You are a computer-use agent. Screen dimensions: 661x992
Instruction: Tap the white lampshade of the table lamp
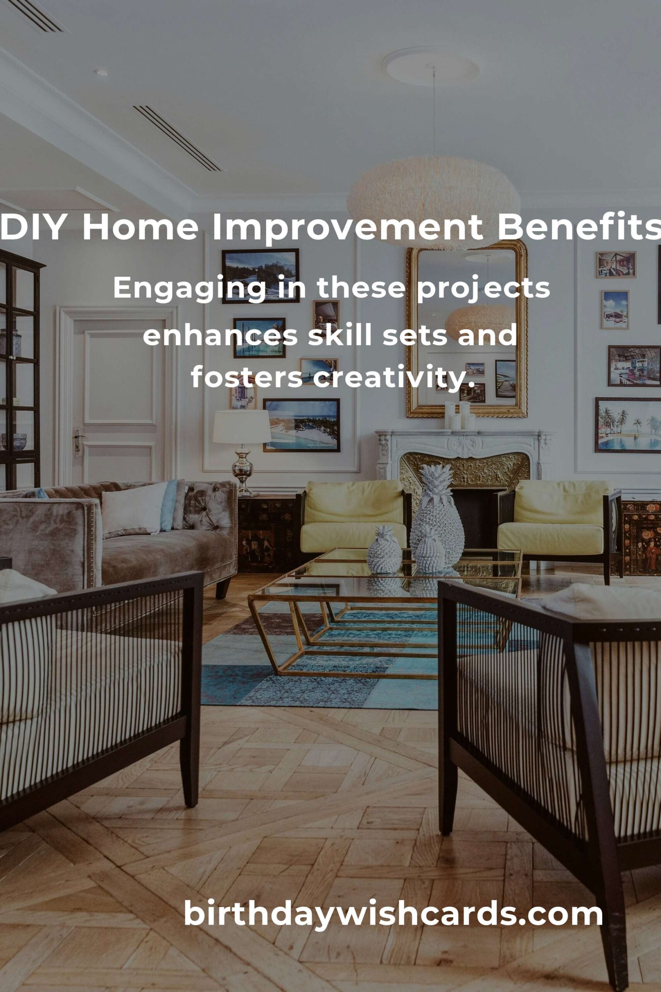pyautogui.click(x=242, y=426)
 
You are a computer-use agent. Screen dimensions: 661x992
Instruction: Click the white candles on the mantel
pyautogui.click(x=460, y=415)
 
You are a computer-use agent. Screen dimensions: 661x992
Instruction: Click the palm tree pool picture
pyautogui.click(x=628, y=425)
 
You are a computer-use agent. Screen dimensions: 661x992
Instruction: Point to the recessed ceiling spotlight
pyautogui.click(x=101, y=73)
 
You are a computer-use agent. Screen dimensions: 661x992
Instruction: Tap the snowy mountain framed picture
pyautogui.click(x=260, y=276)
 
